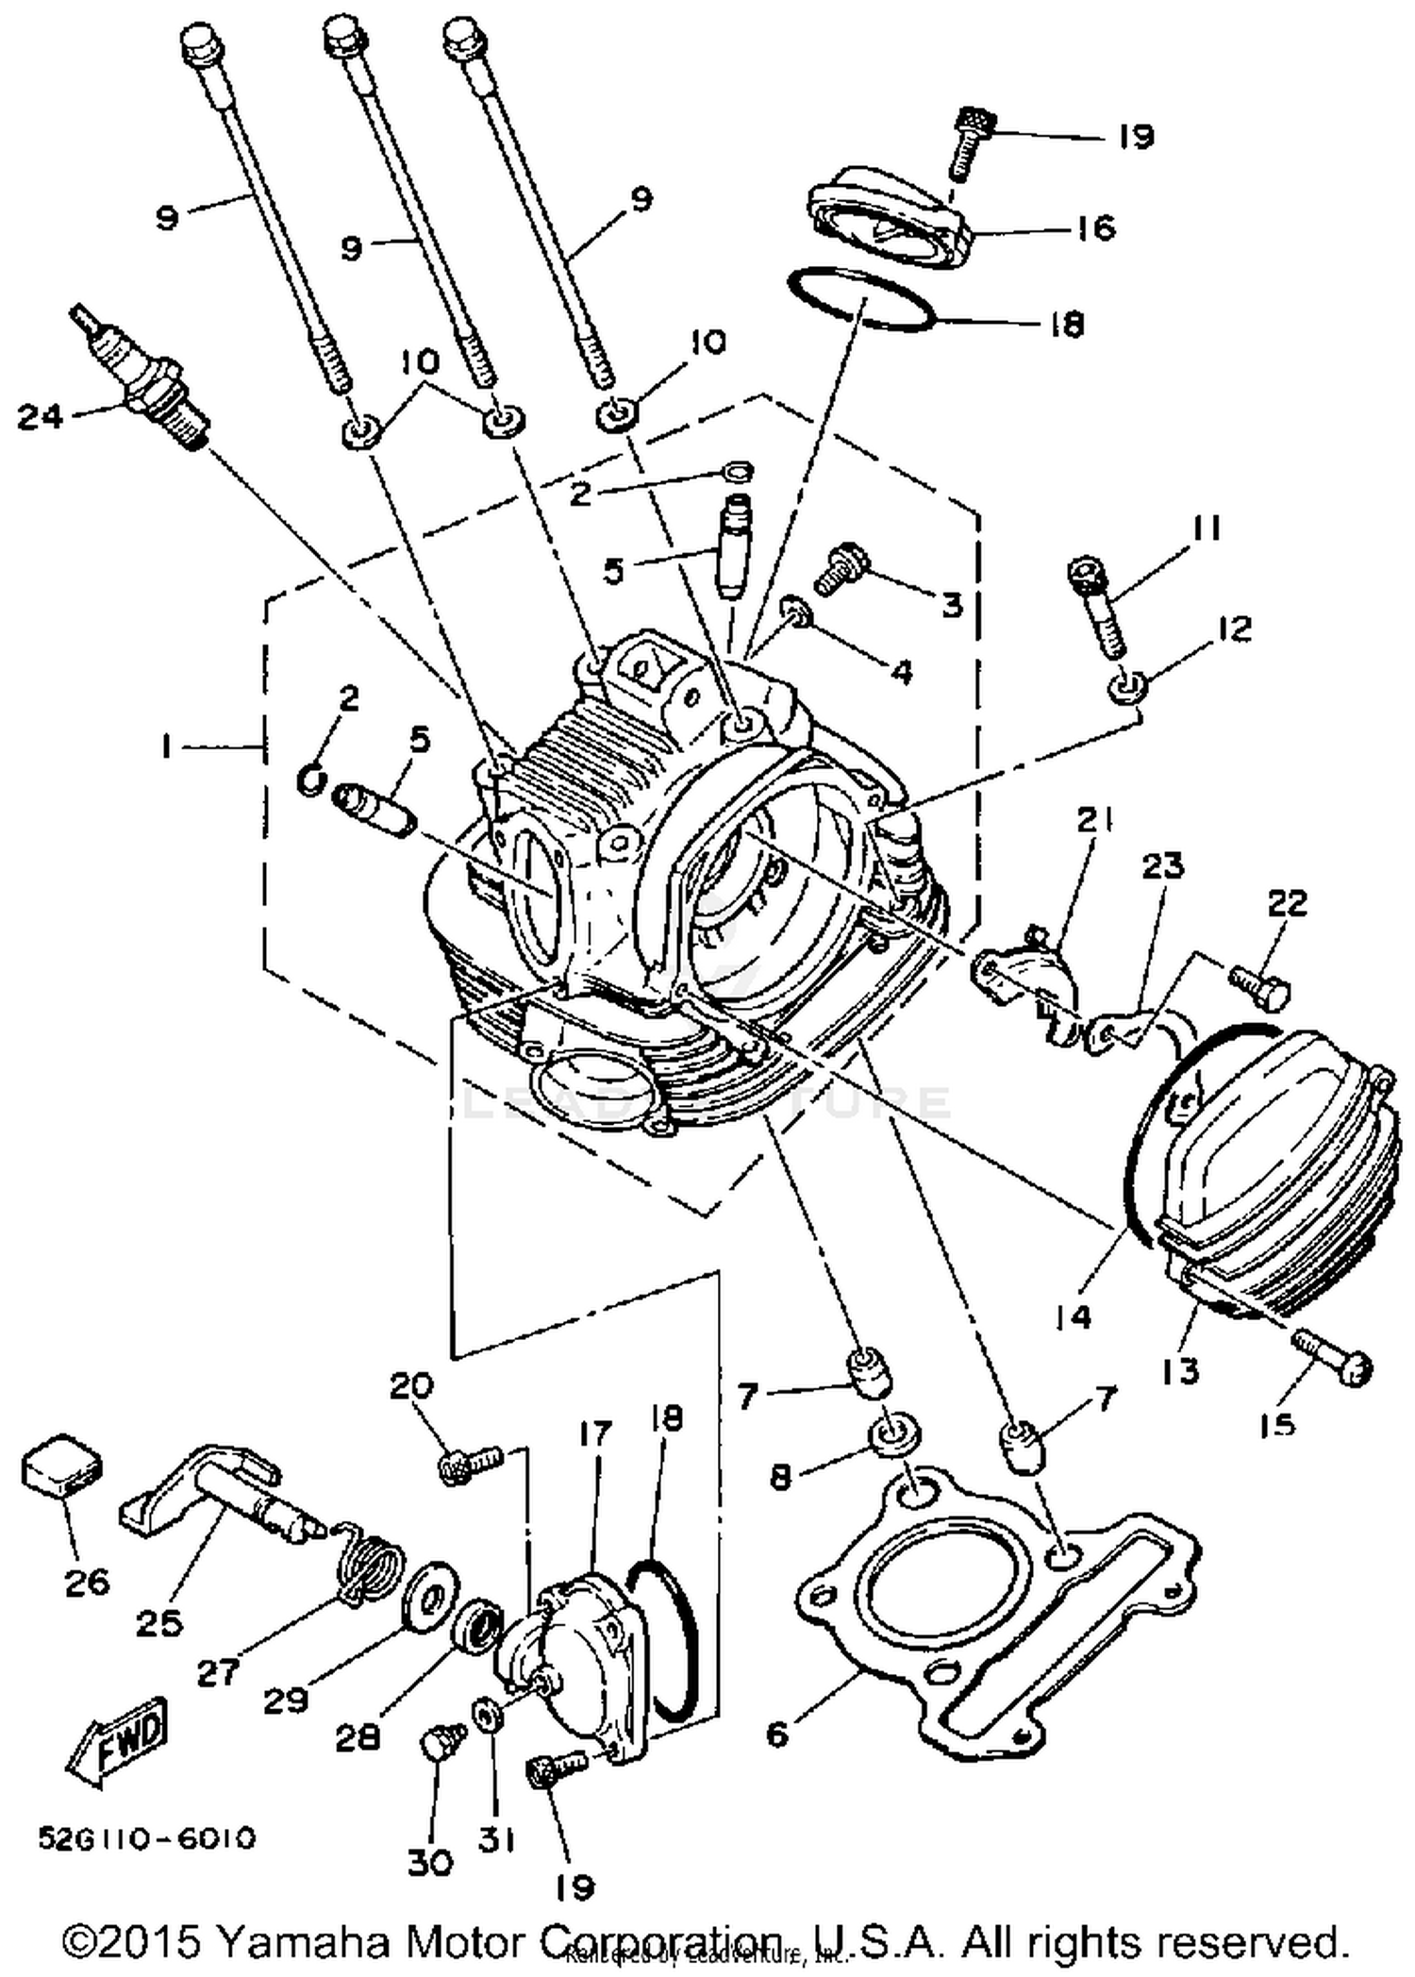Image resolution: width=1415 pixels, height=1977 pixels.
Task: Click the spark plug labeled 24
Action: (141, 377)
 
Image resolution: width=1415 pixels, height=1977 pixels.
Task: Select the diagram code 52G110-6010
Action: (146, 1838)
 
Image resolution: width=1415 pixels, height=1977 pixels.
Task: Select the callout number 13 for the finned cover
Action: (1180, 1369)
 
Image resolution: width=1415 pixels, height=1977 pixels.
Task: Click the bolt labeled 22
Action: (1260, 986)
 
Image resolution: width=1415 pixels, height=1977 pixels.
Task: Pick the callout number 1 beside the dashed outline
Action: (166, 747)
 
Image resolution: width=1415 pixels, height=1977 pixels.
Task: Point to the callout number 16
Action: (1096, 227)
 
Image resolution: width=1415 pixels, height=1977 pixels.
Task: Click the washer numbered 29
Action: (429, 1597)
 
